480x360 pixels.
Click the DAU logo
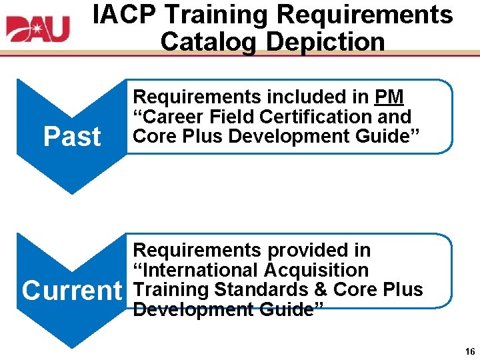click(x=38, y=29)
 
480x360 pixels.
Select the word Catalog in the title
click(x=209, y=41)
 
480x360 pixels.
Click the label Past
click(x=72, y=137)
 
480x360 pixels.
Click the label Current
click(x=72, y=291)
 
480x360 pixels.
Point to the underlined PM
click(x=389, y=97)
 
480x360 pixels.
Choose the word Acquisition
click(x=316, y=270)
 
